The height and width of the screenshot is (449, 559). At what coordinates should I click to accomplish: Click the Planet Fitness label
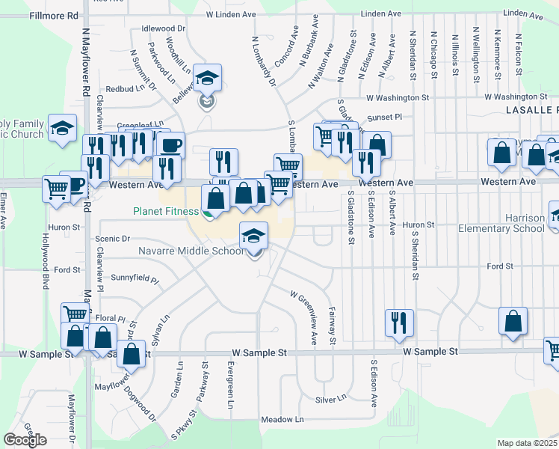coord(166,212)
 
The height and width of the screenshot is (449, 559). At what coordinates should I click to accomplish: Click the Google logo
coord(25,440)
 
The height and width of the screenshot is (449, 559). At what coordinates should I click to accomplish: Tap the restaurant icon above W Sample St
coord(399,323)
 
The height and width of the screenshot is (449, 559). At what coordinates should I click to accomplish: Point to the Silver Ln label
coord(332,400)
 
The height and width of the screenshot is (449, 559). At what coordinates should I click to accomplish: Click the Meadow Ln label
coord(287,420)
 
